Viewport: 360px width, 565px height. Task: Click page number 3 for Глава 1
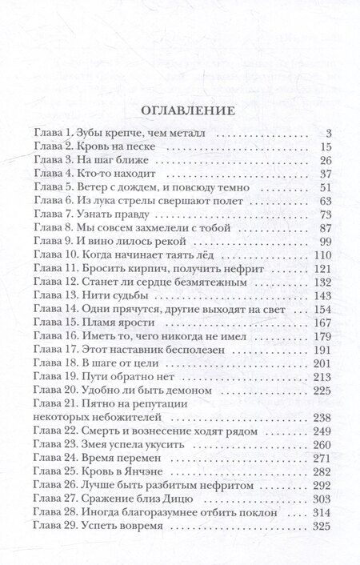pyautogui.click(x=328, y=132)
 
